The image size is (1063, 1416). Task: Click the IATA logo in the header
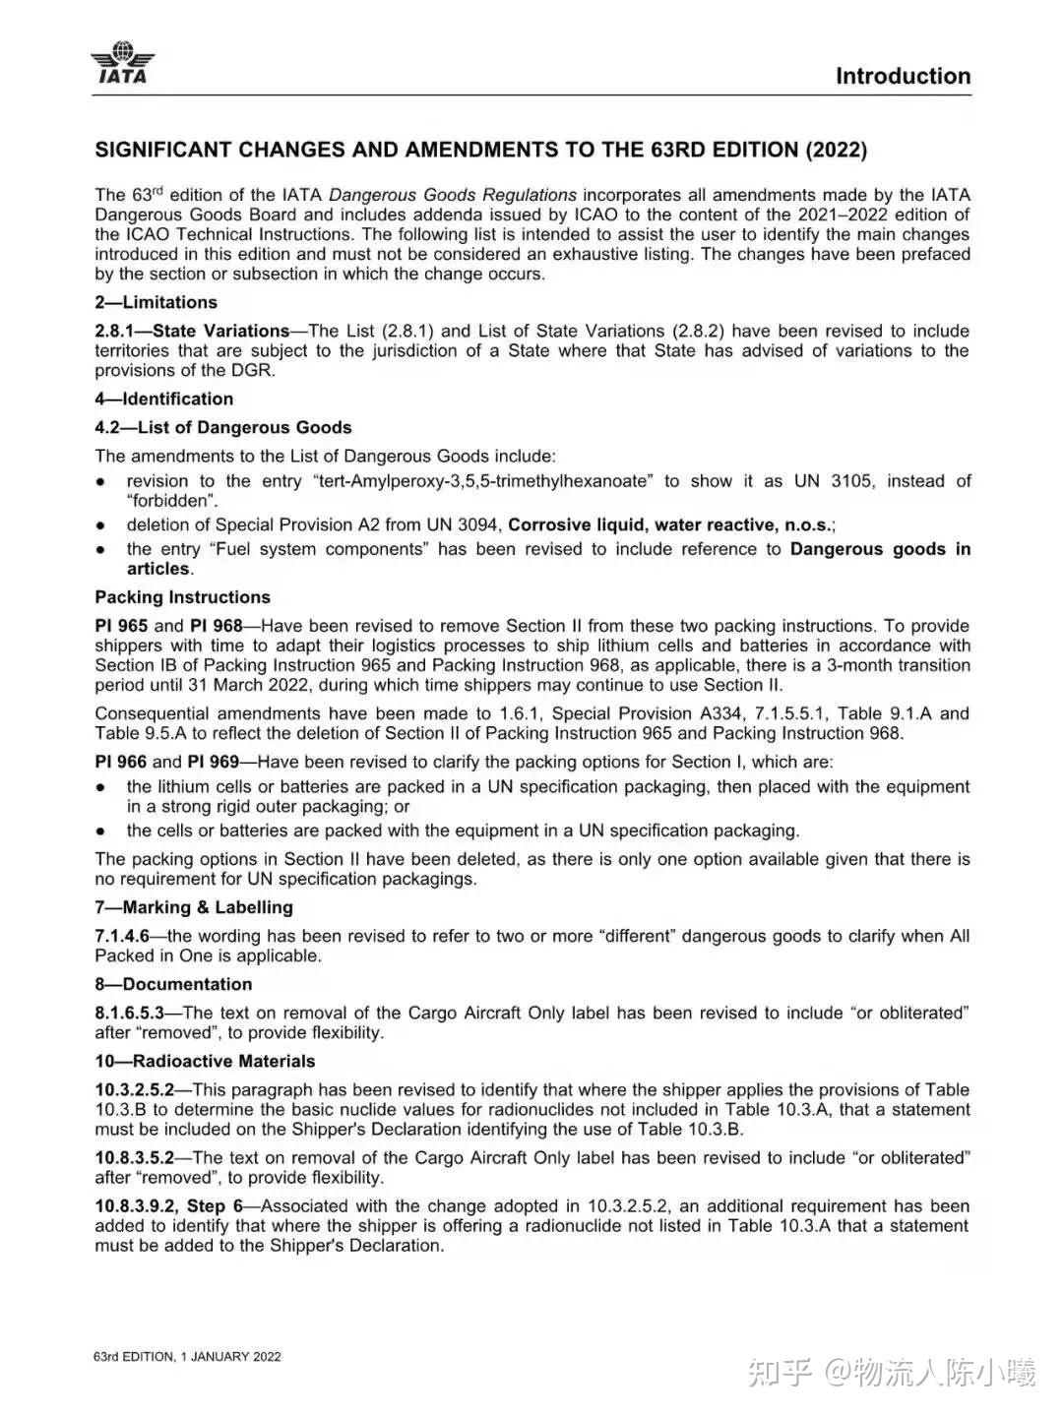pos(122,62)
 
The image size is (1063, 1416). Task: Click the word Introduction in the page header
pos(903,76)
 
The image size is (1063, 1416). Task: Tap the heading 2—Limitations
pos(156,302)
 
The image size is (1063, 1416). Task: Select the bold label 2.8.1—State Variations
pos(192,331)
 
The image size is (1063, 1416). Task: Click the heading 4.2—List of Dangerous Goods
pos(222,427)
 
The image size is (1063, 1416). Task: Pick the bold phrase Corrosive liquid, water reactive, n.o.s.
pos(669,524)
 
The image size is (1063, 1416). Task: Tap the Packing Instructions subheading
pos(182,597)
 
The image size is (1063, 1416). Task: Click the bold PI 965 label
pos(121,626)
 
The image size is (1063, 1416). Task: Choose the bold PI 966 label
pos(121,762)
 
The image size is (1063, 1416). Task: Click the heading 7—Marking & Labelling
pos(194,907)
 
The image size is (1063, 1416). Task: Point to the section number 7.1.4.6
pos(122,936)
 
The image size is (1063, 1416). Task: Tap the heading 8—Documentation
pos(173,984)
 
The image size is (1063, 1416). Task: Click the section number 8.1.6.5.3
pos(130,1013)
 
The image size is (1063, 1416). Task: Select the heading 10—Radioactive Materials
pos(205,1061)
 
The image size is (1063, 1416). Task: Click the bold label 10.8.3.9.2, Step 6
pos(168,1205)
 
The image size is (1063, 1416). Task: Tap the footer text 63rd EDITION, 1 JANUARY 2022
pos(187,1356)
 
